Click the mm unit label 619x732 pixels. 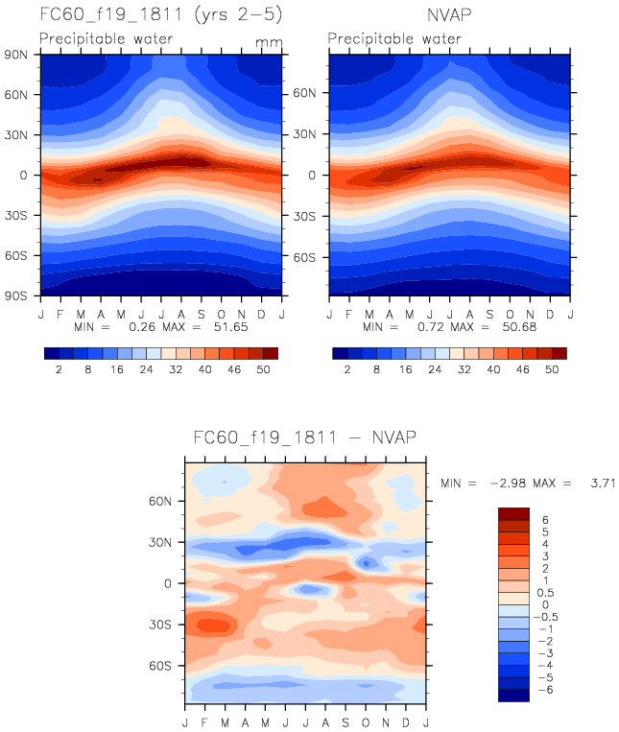pos(266,43)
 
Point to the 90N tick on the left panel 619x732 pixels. pos(19,54)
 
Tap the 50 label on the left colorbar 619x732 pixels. pos(256,367)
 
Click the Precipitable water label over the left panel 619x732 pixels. pos(106,39)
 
